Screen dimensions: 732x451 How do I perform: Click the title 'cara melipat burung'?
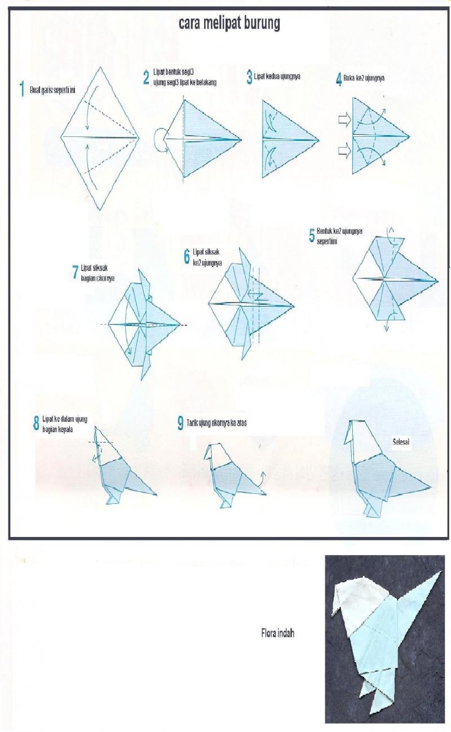(x=229, y=24)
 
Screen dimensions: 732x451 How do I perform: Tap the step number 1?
(x=22, y=90)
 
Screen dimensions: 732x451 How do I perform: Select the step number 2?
(x=146, y=77)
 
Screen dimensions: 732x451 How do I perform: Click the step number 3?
(x=249, y=77)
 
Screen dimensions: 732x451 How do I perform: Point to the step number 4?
(x=339, y=79)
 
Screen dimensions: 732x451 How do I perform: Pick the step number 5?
(x=311, y=236)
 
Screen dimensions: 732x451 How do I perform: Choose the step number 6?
(x=187, y=258)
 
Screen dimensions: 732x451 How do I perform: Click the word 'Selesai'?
(x=401, y=443)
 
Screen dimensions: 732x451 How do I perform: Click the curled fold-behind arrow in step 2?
(x=161, y=139)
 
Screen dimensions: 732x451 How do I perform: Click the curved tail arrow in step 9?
(x=260, y=477)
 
